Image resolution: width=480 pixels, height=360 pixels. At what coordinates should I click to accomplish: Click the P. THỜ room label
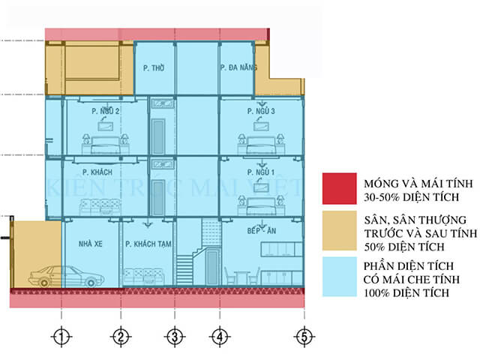(154, 68)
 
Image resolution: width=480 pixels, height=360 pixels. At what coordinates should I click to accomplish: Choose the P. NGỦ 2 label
(106, 112)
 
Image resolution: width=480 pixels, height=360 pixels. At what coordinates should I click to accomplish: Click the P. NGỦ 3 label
(261, 112)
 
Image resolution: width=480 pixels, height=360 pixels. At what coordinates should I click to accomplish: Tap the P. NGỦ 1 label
(261, 172)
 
